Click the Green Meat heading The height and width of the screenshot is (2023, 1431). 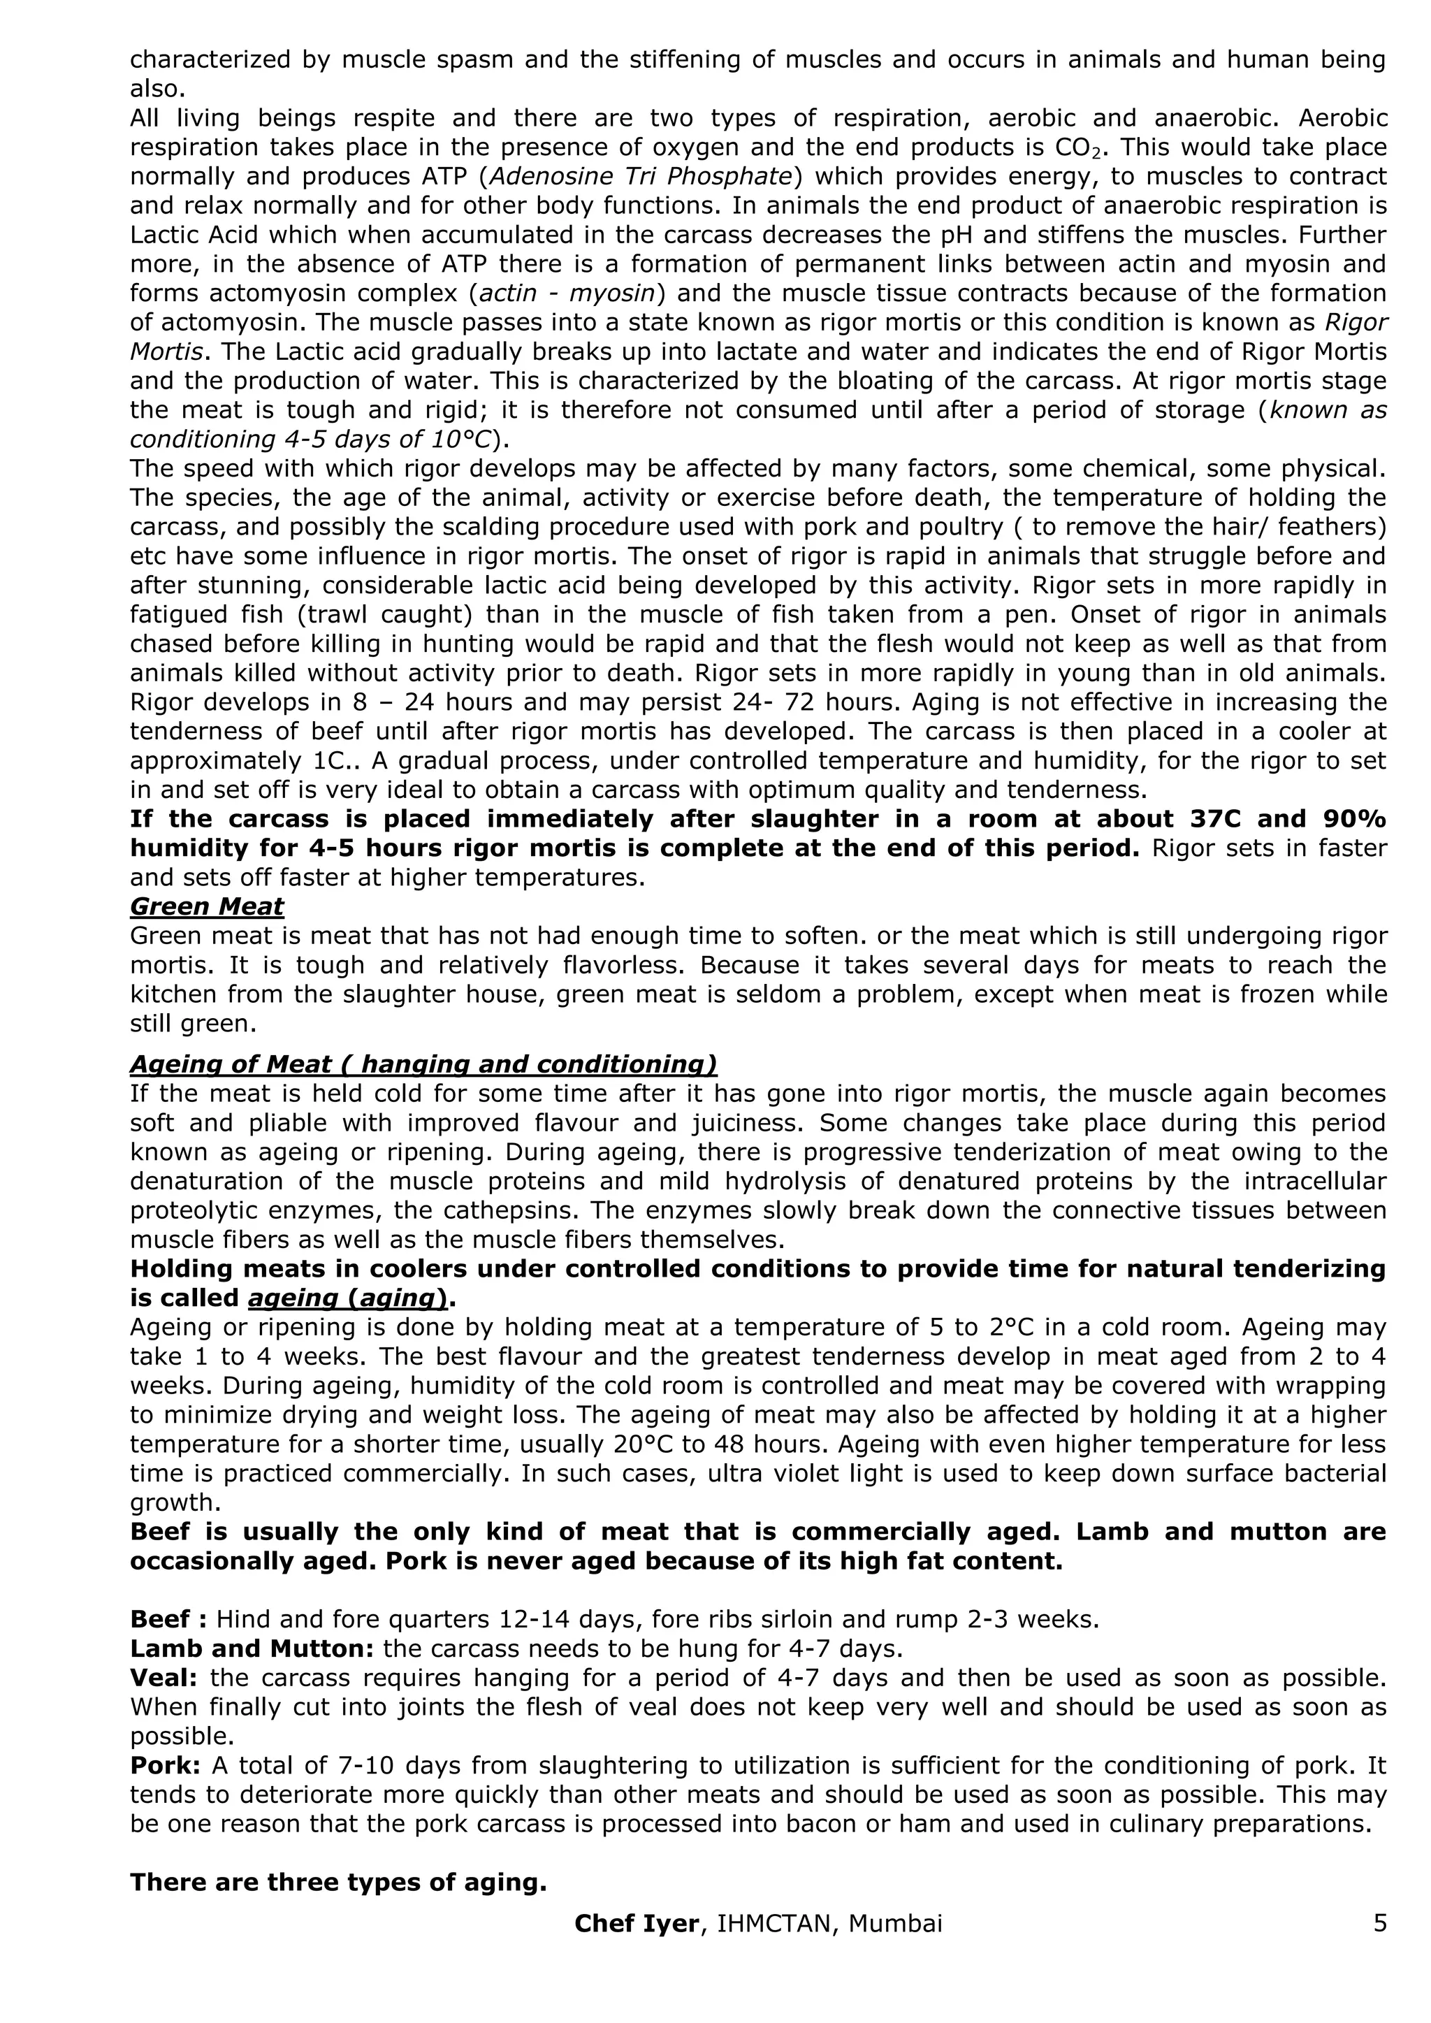[207, 906]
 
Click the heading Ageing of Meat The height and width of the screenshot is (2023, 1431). [423, 1064]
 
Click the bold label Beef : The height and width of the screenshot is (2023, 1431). [168, 1620]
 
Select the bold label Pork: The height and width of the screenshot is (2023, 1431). [165, 1766]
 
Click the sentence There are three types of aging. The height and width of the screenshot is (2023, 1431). [338, 1882]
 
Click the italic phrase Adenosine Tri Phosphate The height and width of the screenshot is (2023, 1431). [641, 176]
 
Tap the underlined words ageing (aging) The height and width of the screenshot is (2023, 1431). [354, 1298]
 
